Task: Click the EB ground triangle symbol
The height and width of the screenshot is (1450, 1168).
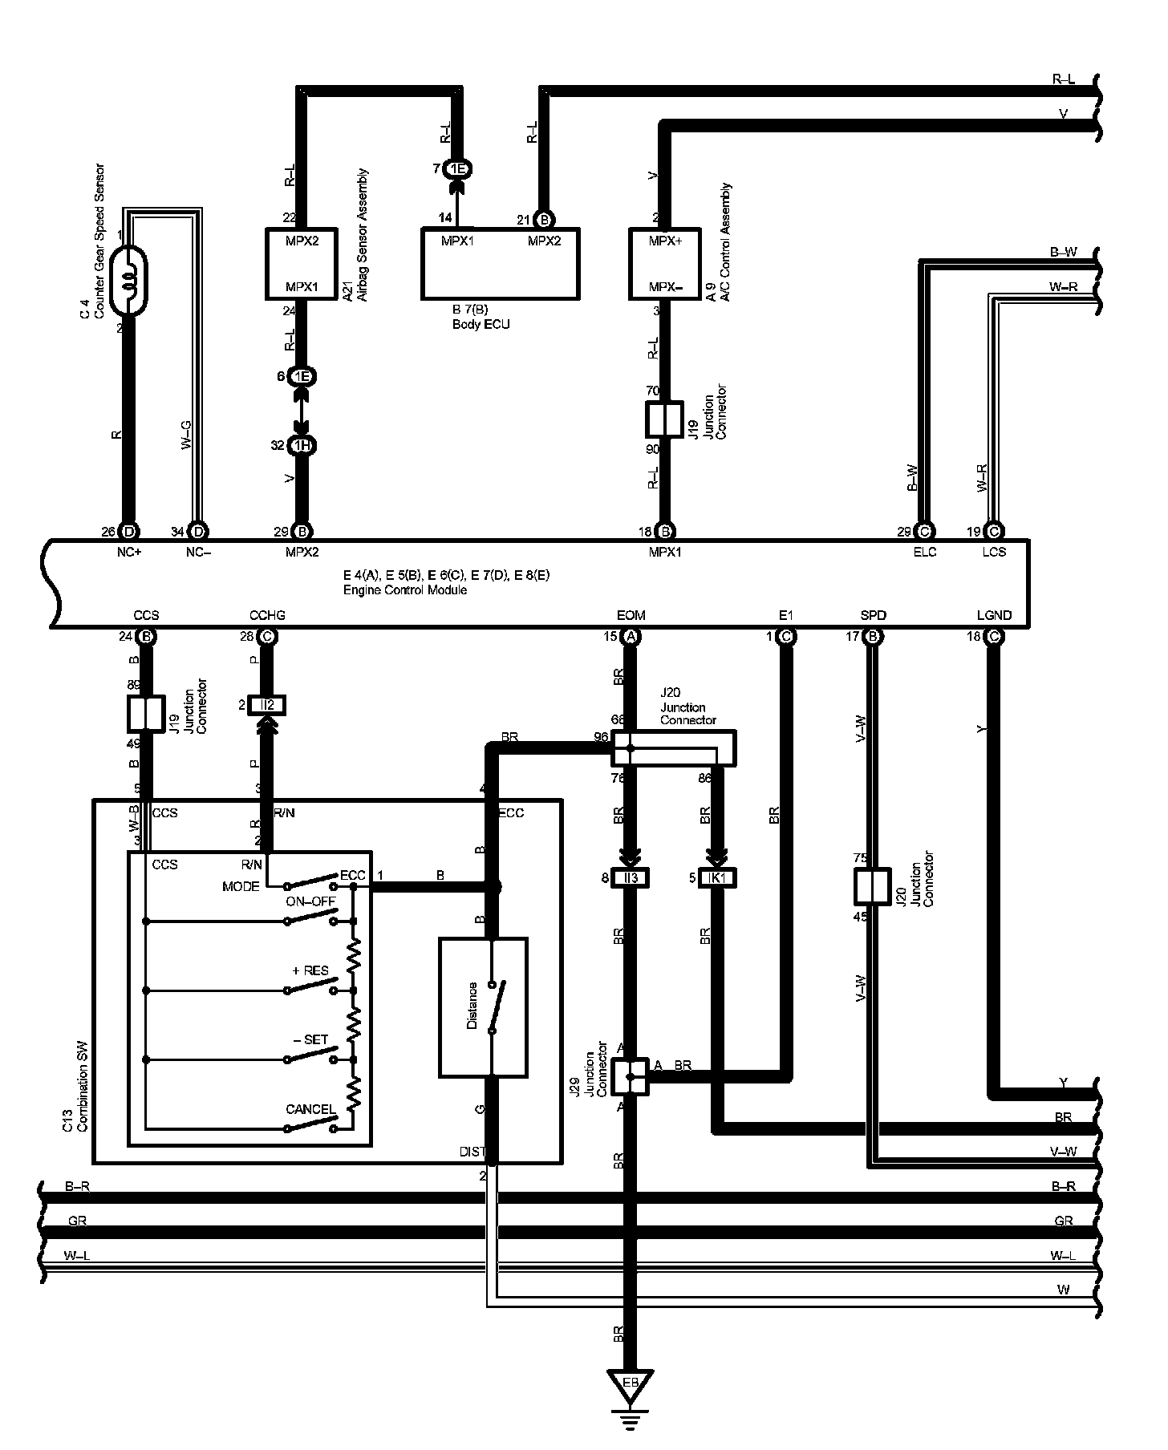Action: point(630,1384)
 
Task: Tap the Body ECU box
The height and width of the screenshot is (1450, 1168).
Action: point(500,264)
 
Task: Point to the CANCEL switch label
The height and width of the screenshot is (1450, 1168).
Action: point(310,1110)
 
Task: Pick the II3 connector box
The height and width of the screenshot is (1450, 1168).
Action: point(631,878)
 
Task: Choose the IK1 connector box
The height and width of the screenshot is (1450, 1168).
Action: point(717,878)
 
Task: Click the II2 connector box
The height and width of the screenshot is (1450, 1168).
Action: point(267,705)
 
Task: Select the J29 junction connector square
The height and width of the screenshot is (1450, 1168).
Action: point(630,1077)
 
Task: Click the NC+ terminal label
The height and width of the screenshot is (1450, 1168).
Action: point(129,552)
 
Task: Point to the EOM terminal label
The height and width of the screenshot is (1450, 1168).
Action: point(631,615)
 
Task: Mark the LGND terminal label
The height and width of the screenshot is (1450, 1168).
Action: point(994,615)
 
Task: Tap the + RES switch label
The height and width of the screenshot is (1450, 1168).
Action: point(310,970)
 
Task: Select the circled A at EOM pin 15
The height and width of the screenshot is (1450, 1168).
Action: point(631,637)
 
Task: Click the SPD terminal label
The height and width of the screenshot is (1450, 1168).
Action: point(873,615)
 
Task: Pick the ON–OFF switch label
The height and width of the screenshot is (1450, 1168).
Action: point(310,901)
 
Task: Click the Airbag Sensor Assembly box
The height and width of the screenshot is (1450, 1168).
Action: point(301,264)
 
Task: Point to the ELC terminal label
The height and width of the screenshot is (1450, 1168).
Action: point(925,552)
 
